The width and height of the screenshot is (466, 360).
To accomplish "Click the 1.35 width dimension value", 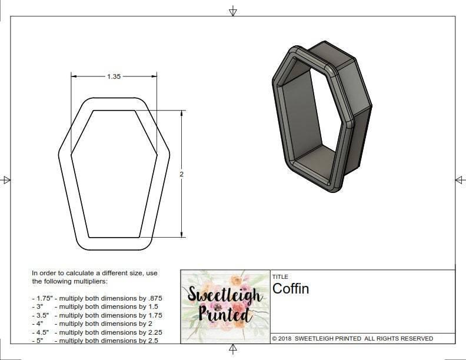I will [114, 76].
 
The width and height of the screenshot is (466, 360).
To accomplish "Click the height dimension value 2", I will [182, 174].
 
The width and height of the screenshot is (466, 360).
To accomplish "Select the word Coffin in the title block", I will [290, 289].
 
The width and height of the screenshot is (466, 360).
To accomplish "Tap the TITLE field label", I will [279, 276].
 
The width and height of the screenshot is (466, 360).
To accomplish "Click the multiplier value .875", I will [154, 298].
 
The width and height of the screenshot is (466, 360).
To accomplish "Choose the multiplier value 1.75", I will [154, 315].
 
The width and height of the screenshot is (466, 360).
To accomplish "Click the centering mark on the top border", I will [233, 11].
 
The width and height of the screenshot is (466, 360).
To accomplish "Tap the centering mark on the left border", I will [6, 179].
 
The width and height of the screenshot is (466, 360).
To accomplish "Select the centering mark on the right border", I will [460, 179].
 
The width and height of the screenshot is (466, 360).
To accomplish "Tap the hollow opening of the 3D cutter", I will [312, 118].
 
